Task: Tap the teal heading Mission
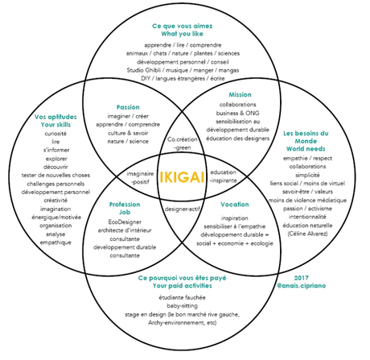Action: pos(240,95)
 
